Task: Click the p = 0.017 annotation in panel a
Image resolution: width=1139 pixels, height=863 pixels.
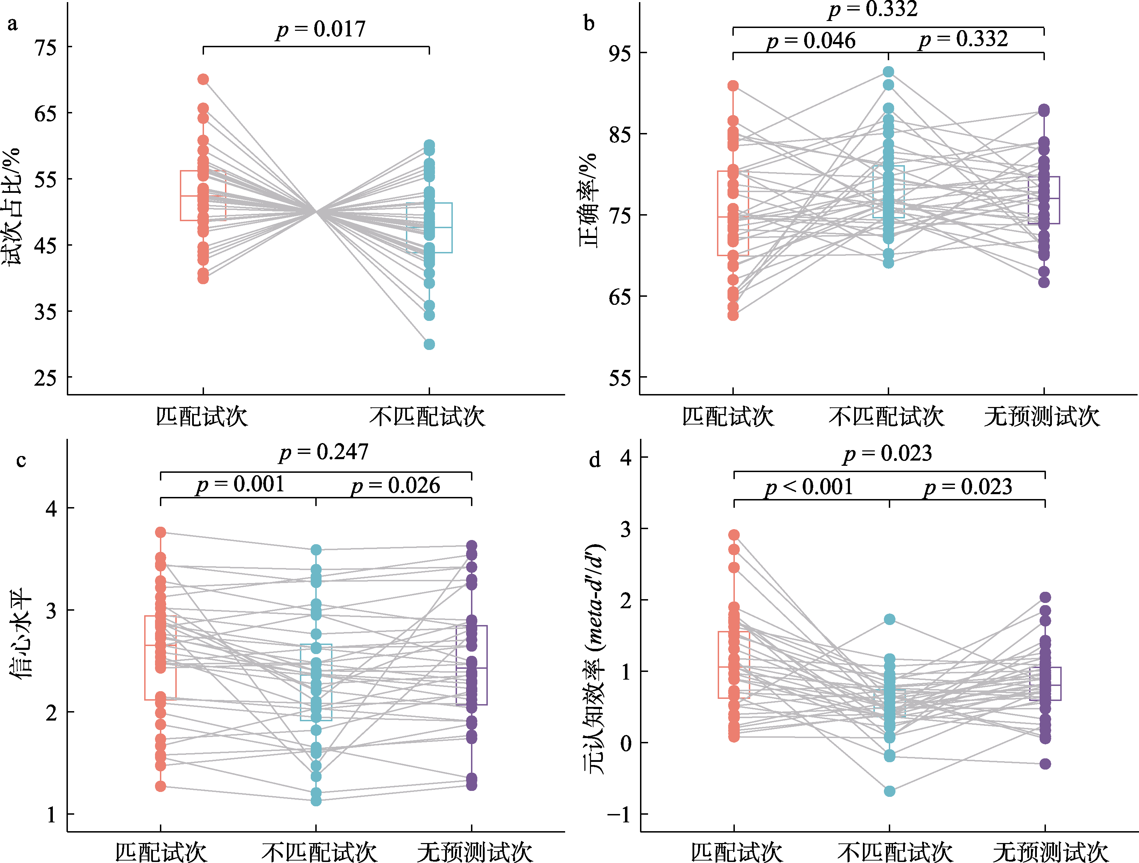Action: pos(321,29)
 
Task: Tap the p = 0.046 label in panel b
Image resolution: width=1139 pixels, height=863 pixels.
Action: pos(811,41)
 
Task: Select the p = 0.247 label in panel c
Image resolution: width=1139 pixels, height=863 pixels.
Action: pos(324,452)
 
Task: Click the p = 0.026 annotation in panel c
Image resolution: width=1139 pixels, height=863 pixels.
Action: pos(395,485)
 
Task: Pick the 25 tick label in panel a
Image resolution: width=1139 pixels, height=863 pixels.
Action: pos(45,378)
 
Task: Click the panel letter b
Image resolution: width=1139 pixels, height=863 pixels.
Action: pos(589,23)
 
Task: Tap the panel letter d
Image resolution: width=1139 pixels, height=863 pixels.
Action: pos(595,459)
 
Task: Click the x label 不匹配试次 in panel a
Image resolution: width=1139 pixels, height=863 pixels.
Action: pos(427,416)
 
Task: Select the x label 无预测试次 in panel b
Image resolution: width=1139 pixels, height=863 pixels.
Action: pos(1042,416)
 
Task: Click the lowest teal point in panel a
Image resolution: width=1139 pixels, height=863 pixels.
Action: pos(429,344)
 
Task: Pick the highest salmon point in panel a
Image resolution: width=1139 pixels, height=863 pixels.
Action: pos(203,79)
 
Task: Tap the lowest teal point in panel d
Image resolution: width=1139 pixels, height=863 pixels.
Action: pos(889,791)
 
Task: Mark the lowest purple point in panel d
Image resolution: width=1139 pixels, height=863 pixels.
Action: pos(1045,764)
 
